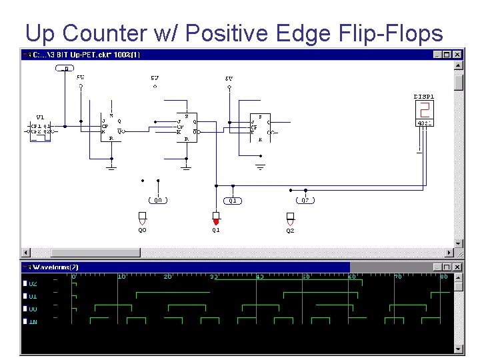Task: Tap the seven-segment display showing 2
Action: point(424,111)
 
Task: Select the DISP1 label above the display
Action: point(424,97)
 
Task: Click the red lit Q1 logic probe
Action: point(215,219)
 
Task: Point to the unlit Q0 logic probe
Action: point(142,218)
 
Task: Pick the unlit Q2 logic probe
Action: point(290,218)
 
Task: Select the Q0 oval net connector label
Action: point(158,200)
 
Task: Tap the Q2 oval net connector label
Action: point(305,200)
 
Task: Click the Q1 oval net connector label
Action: point(232,200)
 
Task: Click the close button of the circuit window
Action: point(457,54)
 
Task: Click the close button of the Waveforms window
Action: point(457,267)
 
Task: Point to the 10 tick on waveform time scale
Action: point(121,276)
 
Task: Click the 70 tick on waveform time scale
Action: point(397,276)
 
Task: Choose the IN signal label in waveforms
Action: point(33,321)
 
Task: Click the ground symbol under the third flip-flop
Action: point(261,165)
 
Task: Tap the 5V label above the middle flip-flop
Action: point(155,78)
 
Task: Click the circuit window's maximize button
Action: point(447,54)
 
